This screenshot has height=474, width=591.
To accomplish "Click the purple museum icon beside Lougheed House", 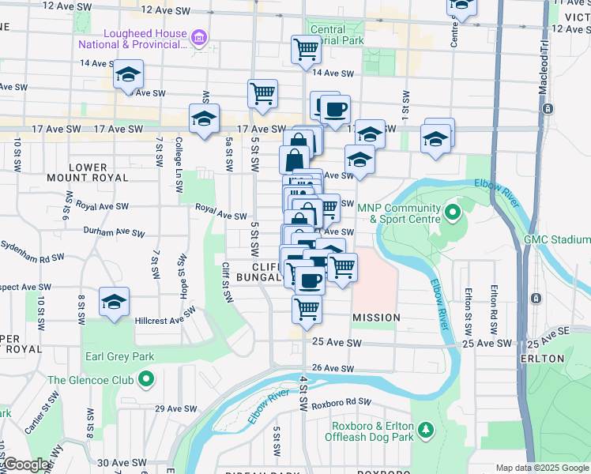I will (x=198, y=37).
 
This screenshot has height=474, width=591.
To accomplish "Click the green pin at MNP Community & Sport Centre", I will (x=452, y=212).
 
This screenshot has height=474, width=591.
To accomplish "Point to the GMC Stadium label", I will (x=559, y=239).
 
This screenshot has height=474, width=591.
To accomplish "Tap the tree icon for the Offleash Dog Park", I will (x=426, y=429).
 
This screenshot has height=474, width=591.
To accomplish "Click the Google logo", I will (x=25, y=465).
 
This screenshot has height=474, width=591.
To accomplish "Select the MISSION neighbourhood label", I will (x=376, y=318).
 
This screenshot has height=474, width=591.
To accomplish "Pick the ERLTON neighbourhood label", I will (x=564, y=359).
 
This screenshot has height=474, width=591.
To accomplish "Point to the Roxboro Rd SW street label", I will (x=341, y=403).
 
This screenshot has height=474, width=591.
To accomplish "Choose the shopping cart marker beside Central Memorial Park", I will (x=306, y=50).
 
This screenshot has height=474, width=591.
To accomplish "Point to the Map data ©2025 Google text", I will (x=541, y=468).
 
